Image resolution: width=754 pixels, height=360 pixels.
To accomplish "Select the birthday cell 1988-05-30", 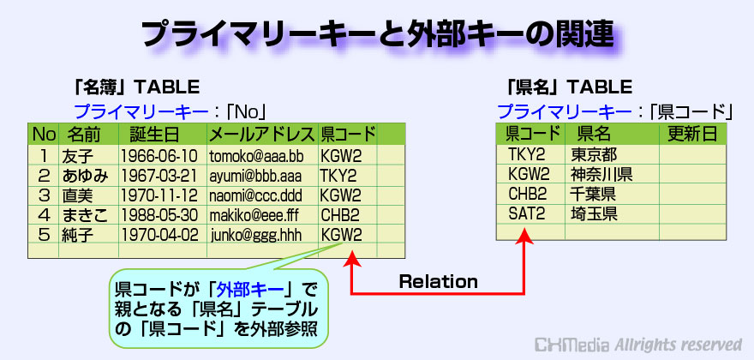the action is tap(159, 214).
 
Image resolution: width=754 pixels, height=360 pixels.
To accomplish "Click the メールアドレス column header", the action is tap(261, 135).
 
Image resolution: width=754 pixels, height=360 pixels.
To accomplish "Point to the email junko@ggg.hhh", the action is tap(256, 235).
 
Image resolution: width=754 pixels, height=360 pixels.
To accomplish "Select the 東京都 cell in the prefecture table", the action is tap(594, 154).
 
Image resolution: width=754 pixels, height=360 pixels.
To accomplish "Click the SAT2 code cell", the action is tap(527, 213).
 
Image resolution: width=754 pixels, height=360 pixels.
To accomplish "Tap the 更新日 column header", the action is tap(692, 134).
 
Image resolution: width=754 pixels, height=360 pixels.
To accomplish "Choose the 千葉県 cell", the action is tap(594, 194).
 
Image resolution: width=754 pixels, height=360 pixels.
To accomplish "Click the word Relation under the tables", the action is tap(438, 281).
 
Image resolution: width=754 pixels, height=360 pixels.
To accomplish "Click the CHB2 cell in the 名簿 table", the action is tap(340, 214).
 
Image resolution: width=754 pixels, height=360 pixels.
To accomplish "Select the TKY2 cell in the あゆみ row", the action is tap(338, 176).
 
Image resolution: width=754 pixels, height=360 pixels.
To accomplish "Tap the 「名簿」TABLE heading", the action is tap(136, 87).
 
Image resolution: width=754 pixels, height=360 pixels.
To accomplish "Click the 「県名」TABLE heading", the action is tap(569, 87).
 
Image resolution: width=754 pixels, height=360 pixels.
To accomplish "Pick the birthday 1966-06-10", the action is tap(159, 155).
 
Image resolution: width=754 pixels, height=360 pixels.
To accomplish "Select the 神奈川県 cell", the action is tap(601, 174).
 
